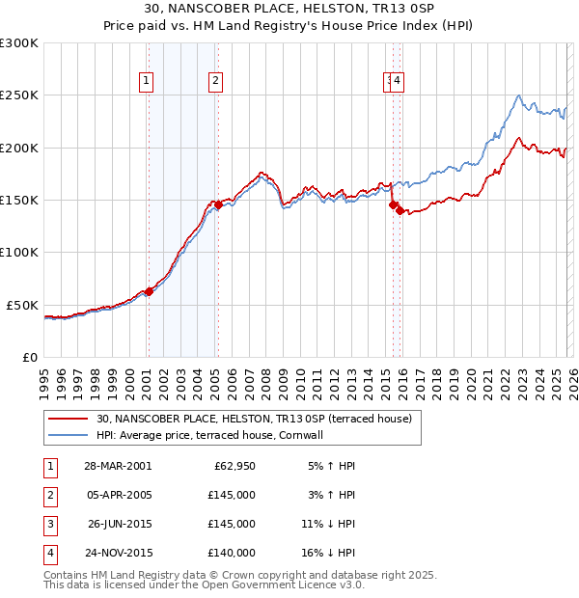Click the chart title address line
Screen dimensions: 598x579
(x=289, y=9)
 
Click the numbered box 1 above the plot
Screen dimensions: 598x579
(x=147, y=82)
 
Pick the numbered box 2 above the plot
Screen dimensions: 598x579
(x=215, y=82)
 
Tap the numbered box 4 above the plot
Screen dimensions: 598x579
(x=398, y=82)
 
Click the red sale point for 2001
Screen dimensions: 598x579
(x=149, y=291)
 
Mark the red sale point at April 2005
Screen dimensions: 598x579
(x=218, y=205)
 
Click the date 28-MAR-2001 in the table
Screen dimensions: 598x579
(x=118, y=466)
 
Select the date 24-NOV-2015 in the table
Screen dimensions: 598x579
(x=118, y=553)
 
